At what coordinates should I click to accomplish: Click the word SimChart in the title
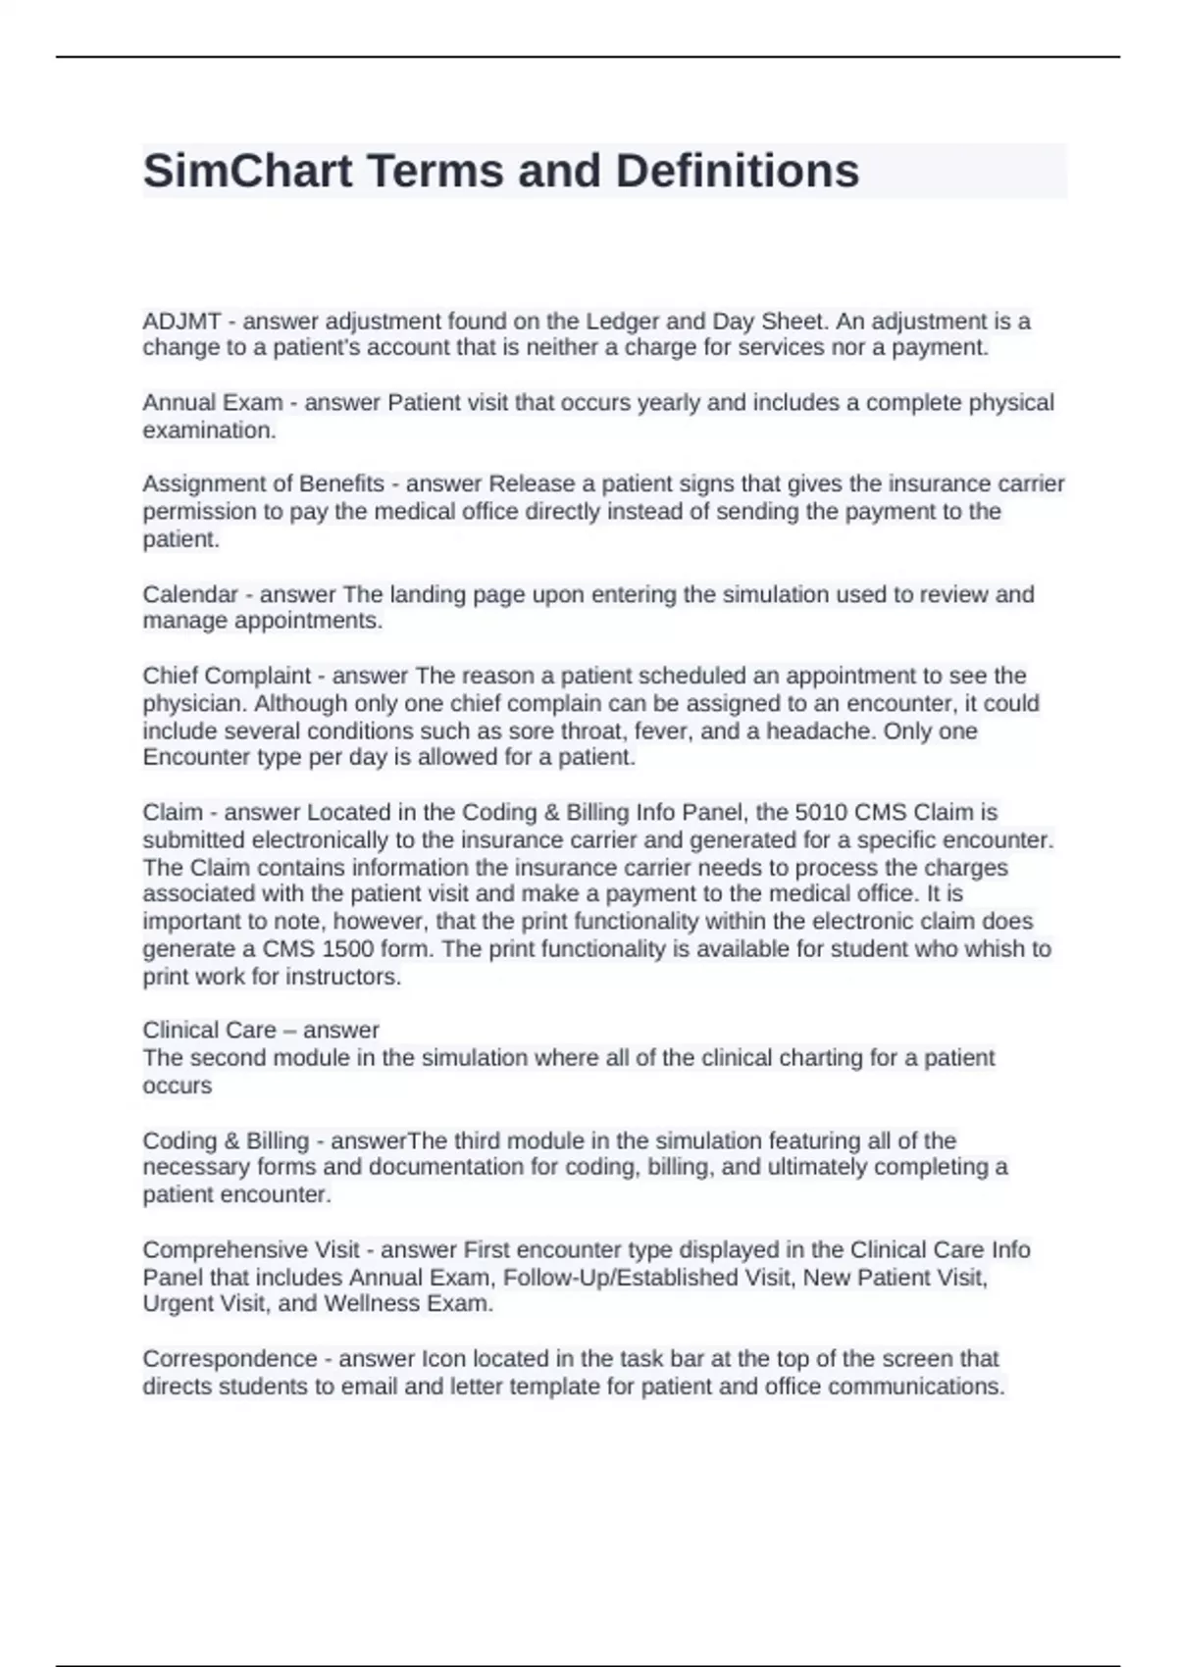(247, 171)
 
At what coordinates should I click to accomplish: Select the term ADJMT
(181, 322)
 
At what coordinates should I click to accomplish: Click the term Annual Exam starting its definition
(212, 403)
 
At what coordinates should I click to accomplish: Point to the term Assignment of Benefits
(263, 484)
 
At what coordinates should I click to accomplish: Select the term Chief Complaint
(227, 676)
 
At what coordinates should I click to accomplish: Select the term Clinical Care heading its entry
(209, 1031)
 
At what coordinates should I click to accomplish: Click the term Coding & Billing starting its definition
(226, 1141)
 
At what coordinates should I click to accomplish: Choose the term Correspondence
(230, 1359)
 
